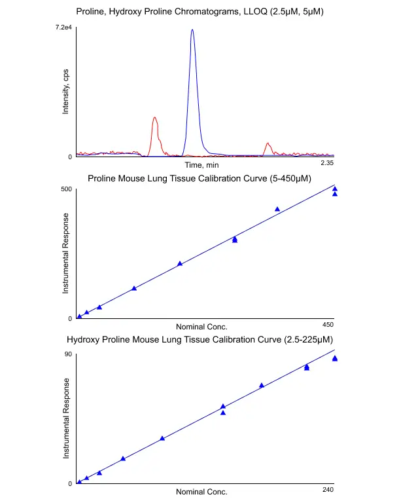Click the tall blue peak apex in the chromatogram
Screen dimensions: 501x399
pyautogui.click(x=192, y=30)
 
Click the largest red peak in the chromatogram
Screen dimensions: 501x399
pyautogui.click(x=154, y=119)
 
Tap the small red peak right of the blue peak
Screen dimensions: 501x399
pyautogui.click(x=267, y=143)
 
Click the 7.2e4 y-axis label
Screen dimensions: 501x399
pyautogui.click(x=63, y=28)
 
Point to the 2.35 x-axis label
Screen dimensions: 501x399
pyautogui.click(x=327, y=162)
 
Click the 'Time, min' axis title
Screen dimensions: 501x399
pyautogui.click(x=201, y=165)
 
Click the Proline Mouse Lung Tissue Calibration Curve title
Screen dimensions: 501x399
pyautogui.click(x=199, y=177)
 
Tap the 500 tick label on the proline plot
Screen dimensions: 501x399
pyautogui.click(x=65, y=190)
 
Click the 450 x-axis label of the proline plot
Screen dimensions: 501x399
pyautogui.click(x=328, y=324)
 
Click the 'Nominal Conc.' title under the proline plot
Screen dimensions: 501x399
pyautogui.click(x=201, y=326)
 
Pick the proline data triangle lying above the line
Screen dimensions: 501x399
pyautogui.click(x=277, y=209)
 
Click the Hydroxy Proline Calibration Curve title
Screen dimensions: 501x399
pyautogui.click(x=200, y=340)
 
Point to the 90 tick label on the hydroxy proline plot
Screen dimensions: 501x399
pyautogui.click(x=67, y=355)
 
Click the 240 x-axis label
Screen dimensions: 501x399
pyautogui.click(x=328, y=489)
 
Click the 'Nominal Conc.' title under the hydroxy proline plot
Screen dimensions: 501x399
pyautogui.click(x=201, y=491)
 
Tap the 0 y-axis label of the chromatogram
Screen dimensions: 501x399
pyautogui.click(x=69, y=157)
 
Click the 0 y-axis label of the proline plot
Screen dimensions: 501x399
pyautogui.click(x=69, y=319)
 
